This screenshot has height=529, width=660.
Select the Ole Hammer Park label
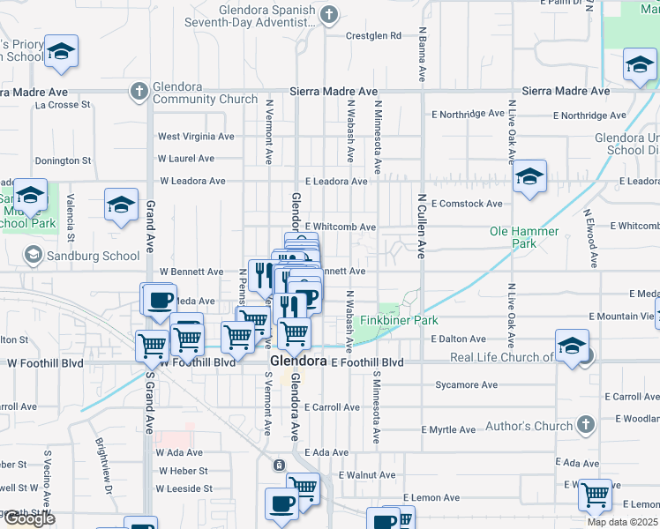pos(524,237)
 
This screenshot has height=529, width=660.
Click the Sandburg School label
pos(94,256)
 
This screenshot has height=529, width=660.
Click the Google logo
pos(29,518)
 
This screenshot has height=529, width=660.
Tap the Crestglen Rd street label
pos(372,36)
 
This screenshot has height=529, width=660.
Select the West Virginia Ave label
pos(196,137)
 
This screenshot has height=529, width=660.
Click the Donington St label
pos(63,161)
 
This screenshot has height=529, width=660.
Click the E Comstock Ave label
pos(467,204)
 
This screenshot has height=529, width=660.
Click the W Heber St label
pos(182,472)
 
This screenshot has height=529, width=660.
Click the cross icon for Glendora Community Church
pos(139,91)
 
